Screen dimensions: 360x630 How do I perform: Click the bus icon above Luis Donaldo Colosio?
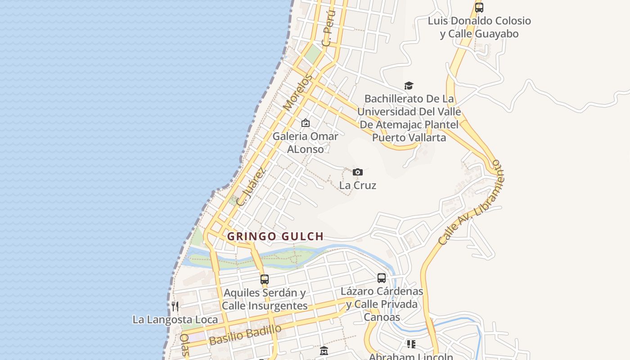(479, 8)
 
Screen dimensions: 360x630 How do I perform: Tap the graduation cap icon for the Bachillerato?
(409, 85)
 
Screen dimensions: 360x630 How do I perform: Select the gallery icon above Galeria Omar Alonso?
(306, 123)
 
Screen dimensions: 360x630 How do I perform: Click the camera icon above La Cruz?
(358, 172)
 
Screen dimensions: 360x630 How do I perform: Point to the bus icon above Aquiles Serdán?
(265, 279)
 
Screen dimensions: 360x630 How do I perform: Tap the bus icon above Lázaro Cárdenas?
(382, 278)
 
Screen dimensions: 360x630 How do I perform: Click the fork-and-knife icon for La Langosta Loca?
(175, 306)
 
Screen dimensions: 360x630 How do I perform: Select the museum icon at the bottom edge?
(324, 351)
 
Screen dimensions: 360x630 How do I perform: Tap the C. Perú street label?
(329, 28)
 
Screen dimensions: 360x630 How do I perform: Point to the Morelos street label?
(297, 93)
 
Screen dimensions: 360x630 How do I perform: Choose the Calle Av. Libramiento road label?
(470, 202)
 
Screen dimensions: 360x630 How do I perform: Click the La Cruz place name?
(358, 185)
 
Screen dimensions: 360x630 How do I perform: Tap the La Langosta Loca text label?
(175, 320)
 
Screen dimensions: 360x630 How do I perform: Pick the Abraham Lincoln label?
(411, 357)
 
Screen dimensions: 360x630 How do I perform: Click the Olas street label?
(184, 345)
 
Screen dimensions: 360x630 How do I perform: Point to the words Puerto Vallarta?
(409, 138)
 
